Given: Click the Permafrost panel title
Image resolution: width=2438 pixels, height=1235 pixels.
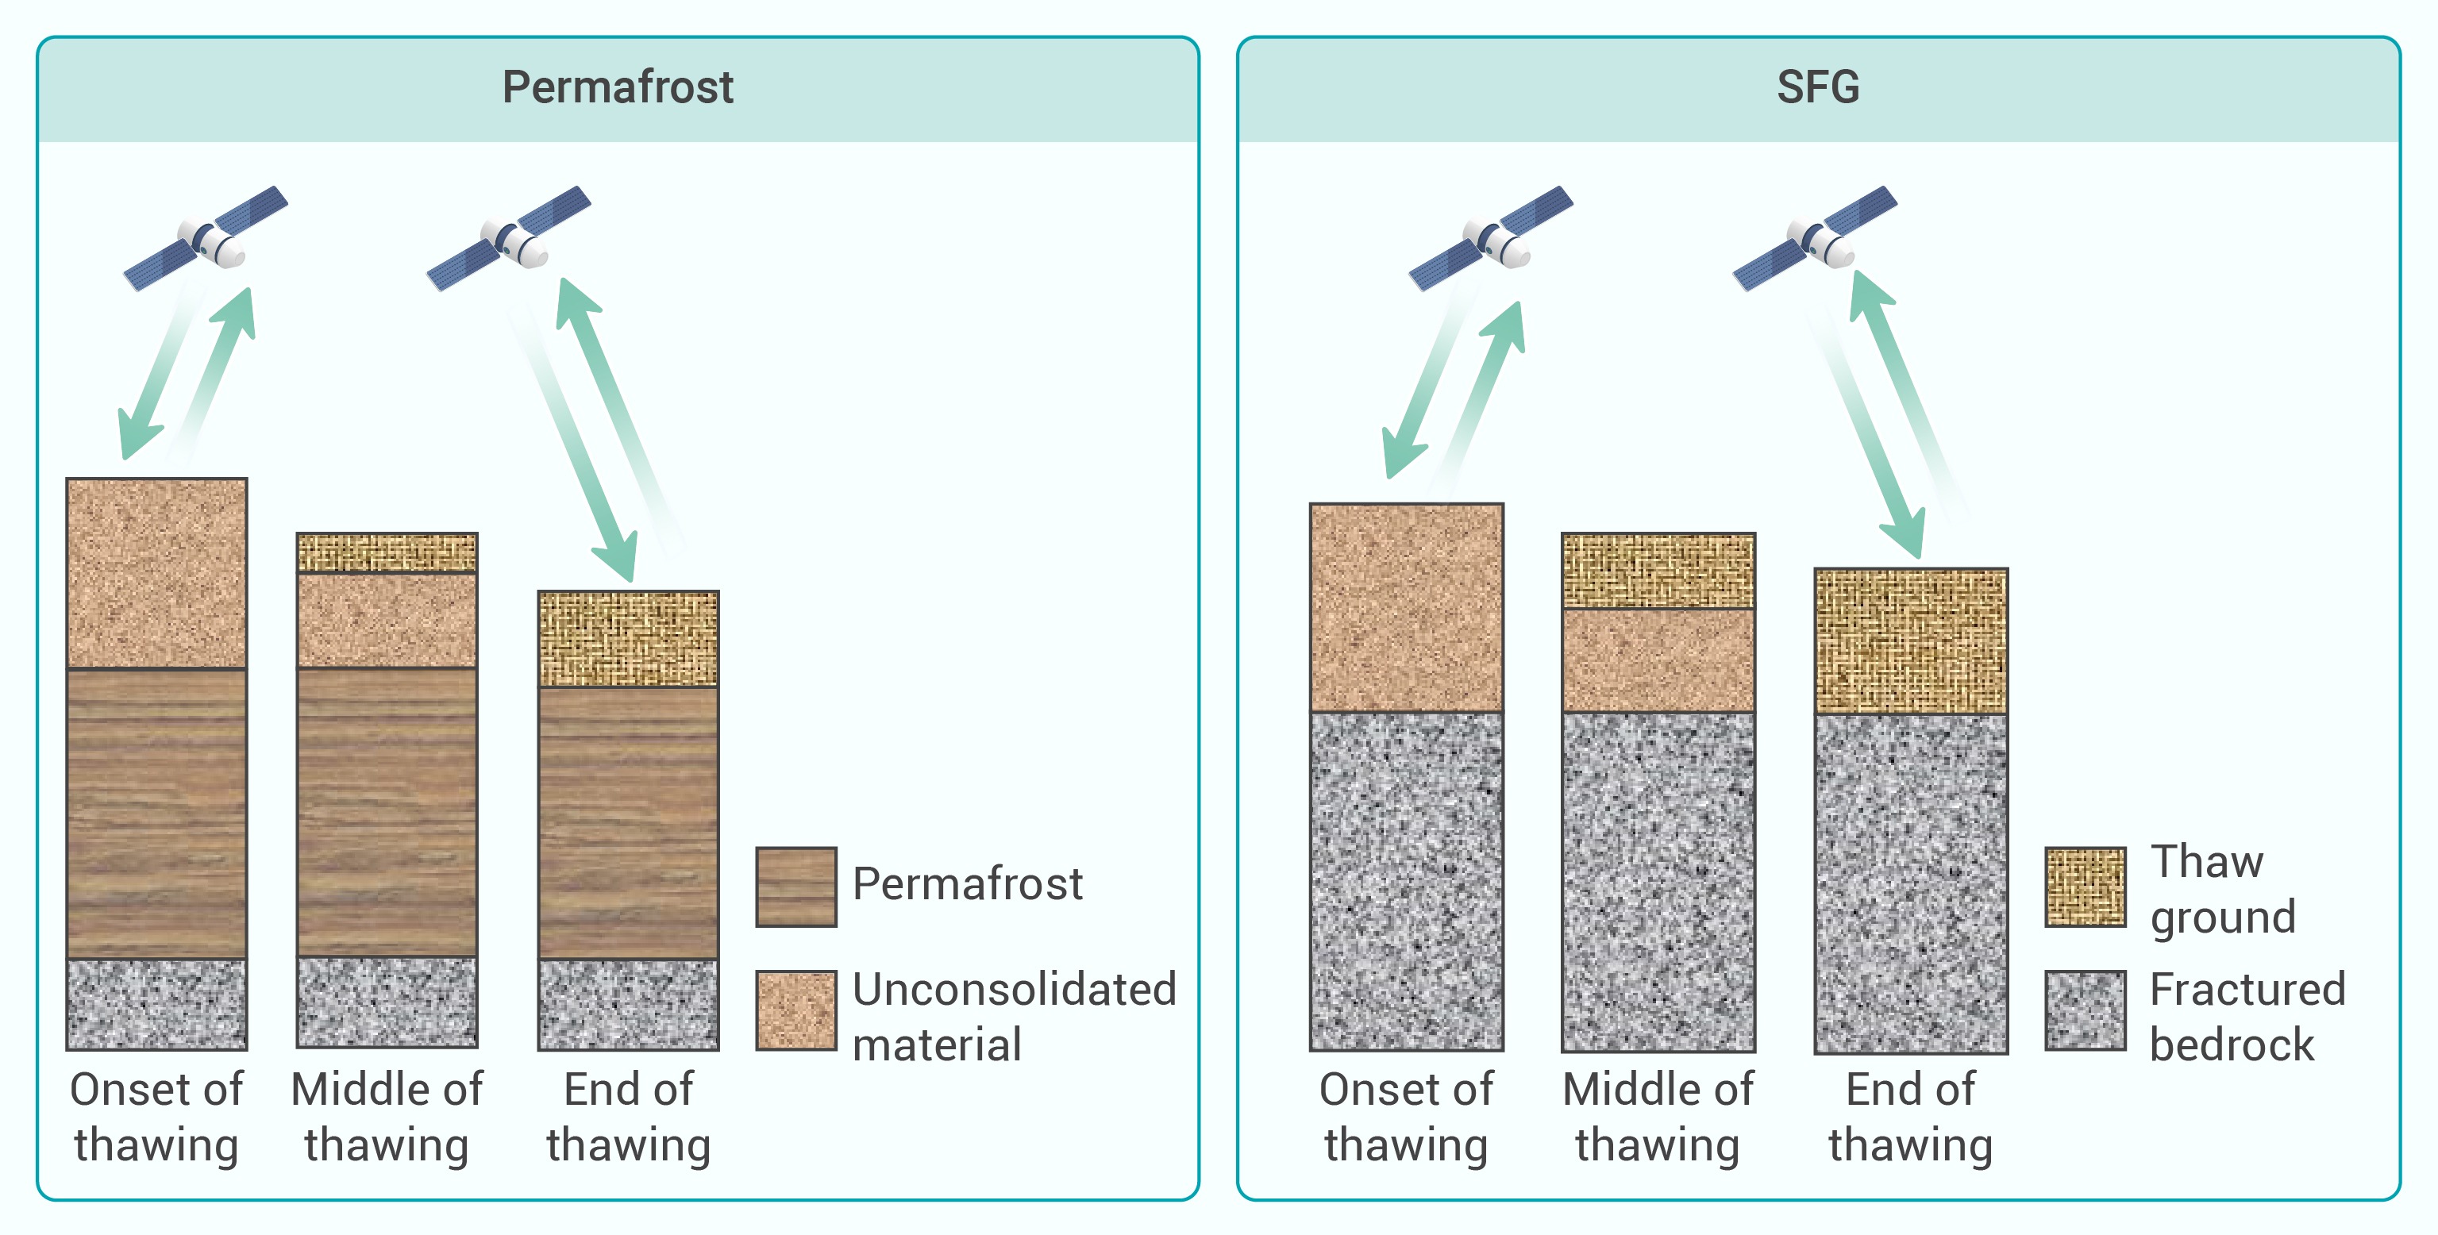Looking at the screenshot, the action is [x=617, y=87].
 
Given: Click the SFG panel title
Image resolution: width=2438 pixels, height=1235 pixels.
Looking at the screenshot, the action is [x=1817, y=87].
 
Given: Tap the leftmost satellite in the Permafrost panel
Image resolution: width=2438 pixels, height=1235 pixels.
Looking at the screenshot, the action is [x=206, y=238].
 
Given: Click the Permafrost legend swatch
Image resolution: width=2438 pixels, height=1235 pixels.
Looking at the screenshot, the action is [x=796, y=887].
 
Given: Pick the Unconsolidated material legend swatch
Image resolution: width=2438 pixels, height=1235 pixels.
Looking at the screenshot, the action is [x=796, y=1010].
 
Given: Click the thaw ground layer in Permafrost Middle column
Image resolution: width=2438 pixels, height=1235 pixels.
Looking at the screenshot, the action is [x=387, y=552].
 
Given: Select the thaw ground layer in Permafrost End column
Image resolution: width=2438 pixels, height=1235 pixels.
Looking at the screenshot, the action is [x=629, y=639].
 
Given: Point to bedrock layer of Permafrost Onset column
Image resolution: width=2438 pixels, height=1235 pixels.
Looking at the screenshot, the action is [x=157, y=1004].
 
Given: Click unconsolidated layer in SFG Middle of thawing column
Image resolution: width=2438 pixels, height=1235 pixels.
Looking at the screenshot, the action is [x=1658, y=660].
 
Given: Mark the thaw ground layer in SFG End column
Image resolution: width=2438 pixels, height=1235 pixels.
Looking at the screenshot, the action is [x=1911, y=641].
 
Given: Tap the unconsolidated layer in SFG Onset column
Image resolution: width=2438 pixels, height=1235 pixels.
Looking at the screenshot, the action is [x=1407, y=607].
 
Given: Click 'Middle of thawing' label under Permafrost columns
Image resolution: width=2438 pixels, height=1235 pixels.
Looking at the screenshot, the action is [x=387, y=1117].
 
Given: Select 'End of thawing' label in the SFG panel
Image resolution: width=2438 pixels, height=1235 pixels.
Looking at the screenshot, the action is [x=1911, y=1117].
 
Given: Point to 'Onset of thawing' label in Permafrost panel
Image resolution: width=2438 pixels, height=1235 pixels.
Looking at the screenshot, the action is [x=157, y=1117].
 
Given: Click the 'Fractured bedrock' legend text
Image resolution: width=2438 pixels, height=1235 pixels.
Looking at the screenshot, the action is [x=2247, y=1017].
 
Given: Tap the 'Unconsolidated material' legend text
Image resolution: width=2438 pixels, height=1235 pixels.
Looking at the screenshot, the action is [x=1015, y=1017].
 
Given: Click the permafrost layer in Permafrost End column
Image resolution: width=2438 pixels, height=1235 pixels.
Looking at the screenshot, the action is [x=629, y=822].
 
